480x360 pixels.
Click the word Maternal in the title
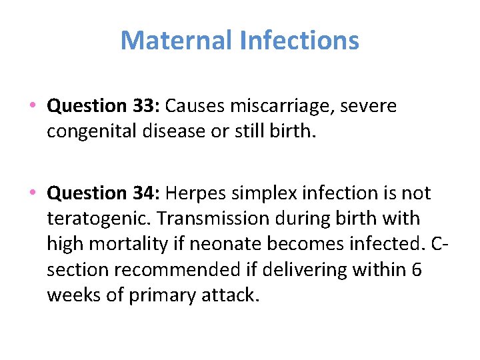click(x=176, y=41)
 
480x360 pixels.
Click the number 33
click(x=146, y=106)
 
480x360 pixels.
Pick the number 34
click(x=146, y=193)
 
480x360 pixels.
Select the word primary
click(x=161, y=295)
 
